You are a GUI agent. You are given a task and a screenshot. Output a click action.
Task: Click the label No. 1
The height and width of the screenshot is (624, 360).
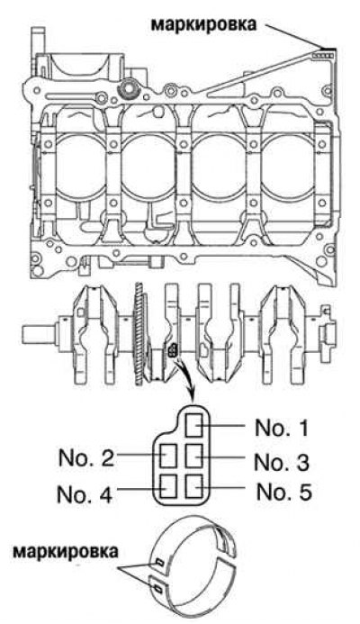282,429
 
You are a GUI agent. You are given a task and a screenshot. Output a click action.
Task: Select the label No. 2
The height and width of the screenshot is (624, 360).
86,458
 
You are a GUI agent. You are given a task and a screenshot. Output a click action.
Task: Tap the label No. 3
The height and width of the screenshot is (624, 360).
282,463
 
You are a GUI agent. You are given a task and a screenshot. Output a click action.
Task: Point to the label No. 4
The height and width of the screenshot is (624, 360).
85,493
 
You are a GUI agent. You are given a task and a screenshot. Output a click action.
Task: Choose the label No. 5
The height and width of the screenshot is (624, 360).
284,492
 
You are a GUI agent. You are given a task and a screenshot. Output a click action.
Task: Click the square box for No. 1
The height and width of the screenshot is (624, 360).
195,425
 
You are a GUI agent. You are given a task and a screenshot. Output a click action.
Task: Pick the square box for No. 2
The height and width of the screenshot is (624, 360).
168,456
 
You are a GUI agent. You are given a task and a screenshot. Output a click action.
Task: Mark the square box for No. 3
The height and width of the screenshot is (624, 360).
195,456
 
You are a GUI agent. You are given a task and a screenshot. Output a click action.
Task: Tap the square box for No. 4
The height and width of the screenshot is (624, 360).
168,486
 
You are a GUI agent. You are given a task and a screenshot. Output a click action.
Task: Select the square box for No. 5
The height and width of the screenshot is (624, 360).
195,486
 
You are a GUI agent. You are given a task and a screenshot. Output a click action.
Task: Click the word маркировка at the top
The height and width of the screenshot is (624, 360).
203,24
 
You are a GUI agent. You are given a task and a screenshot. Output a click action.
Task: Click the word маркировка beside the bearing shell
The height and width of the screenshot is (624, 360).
66,552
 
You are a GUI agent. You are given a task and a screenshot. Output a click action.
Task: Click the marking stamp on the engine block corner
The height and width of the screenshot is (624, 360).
321,56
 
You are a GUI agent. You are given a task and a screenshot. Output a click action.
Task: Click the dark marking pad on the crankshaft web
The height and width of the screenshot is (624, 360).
174,350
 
